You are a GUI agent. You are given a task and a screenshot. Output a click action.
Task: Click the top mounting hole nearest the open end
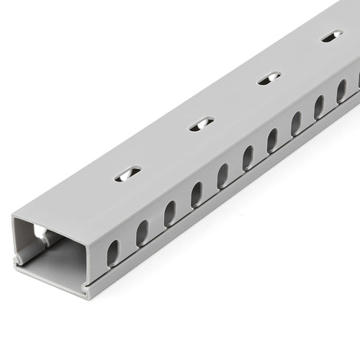click(127, 174)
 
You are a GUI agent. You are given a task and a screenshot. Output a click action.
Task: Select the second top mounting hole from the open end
click(202, 124)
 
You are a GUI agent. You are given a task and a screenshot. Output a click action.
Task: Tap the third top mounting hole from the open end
click(269, 78)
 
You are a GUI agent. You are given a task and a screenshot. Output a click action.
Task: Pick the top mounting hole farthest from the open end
click(332, 36)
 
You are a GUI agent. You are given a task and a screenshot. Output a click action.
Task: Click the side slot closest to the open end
click(113, 253)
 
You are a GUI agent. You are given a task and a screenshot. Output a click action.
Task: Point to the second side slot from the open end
click(142, 233)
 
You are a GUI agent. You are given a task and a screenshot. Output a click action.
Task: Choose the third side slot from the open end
click(170, 213)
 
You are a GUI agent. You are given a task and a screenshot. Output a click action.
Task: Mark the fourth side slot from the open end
click(197, 194)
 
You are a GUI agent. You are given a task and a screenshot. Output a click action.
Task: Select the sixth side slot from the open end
click(248, 158)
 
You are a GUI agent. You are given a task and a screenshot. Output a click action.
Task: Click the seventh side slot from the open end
click(272, 140)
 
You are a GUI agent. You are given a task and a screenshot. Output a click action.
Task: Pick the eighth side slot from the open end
click(296, 123)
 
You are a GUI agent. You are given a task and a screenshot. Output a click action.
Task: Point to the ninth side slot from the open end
click(319, 107)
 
